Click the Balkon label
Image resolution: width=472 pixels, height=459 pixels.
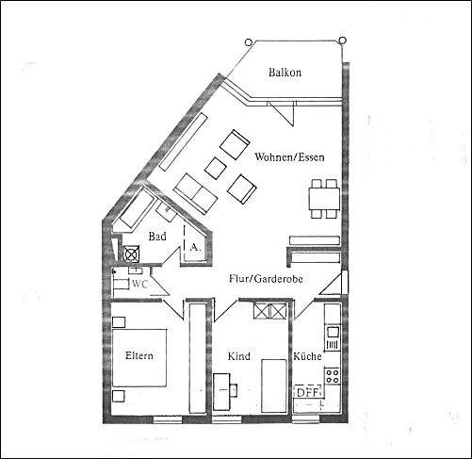[284, 73]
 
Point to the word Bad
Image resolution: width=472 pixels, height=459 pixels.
[157, 237]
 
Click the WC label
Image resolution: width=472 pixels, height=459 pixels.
[140, 283]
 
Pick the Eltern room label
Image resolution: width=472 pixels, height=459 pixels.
[139, 355]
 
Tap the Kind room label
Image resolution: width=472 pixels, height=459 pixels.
[238, 356]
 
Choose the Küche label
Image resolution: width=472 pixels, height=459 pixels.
[307, 356]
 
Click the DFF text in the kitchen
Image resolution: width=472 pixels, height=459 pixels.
[306, 392]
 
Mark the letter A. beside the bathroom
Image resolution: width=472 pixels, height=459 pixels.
[194, 246]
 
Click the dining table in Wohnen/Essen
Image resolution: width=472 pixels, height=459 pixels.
[323, 199]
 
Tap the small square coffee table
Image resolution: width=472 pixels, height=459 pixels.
[215, 168]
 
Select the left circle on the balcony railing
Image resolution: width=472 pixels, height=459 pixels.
[248, 41]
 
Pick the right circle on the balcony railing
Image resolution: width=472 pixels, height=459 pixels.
[343, 41]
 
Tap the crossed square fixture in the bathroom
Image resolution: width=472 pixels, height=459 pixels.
[131, 253]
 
